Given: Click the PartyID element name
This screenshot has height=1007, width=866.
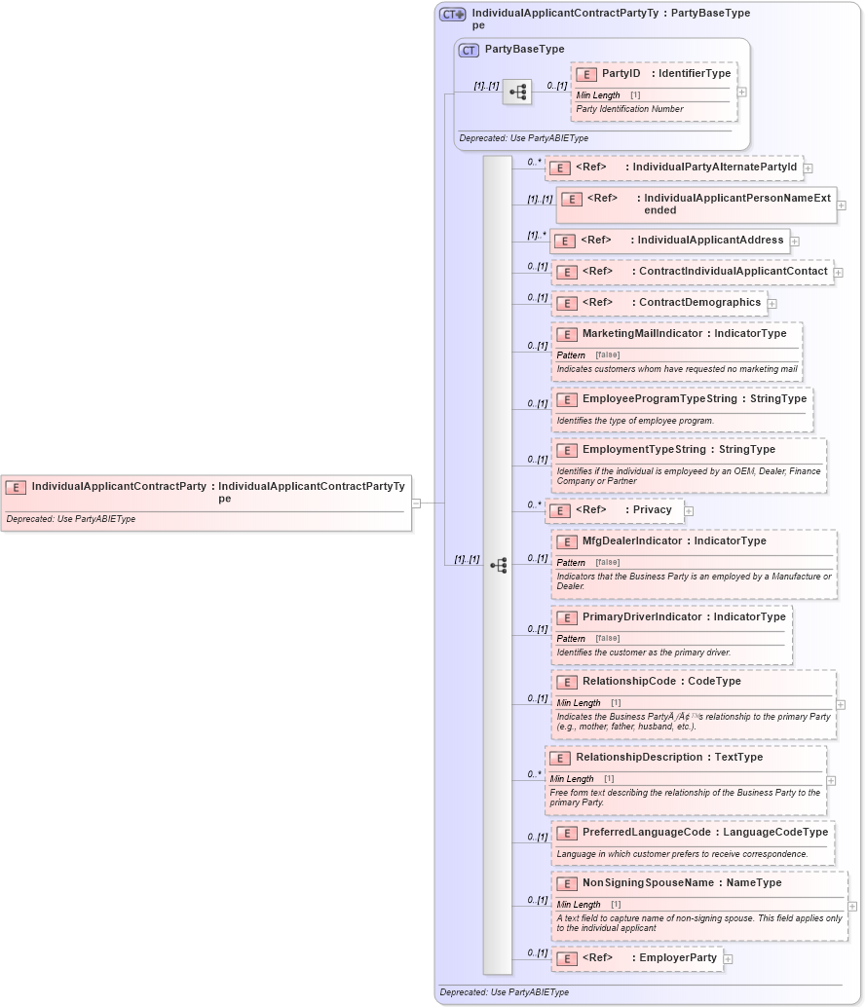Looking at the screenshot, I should tap(621, 74).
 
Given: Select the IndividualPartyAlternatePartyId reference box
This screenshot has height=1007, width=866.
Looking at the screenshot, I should tap(674, 168).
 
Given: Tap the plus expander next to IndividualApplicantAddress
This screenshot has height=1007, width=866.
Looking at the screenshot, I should tap(795, 242).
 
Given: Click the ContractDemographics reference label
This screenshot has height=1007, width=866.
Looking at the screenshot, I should tap(699, 303).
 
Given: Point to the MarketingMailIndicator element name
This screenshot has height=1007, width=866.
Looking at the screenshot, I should tap(642, 334).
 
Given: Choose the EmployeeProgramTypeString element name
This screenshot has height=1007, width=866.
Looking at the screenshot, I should tap(659, 399).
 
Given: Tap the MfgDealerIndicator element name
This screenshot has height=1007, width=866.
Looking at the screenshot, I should tap(632, 541).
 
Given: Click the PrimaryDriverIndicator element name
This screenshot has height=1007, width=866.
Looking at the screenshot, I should tap(642, 617).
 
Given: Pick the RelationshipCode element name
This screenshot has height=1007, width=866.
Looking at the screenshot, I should tap(629, 682).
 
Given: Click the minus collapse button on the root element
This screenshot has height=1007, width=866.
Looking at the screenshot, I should tap(416, 503).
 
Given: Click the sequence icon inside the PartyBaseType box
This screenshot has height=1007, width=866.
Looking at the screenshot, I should tap(517, 93).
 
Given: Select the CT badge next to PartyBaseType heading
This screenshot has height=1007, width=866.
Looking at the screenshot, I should tap(469, 50).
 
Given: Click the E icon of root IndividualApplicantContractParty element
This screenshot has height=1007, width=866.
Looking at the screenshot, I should tap(16, 487).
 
